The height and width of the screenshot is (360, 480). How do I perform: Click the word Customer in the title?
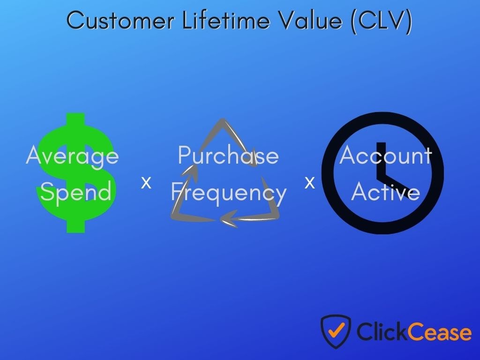coord(120,21)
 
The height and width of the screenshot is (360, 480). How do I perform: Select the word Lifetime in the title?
coord(226,20)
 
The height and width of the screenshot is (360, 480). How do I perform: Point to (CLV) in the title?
coord(382,21)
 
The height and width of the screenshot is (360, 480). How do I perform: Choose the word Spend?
coord(75,192)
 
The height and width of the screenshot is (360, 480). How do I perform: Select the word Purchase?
coord(228,155)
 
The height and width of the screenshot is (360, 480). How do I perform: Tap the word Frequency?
coord(228,192)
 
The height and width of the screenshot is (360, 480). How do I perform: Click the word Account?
coord(385,155)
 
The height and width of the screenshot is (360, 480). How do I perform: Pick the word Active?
coord(385,192)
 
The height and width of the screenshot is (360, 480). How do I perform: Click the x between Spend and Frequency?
coord(146,182)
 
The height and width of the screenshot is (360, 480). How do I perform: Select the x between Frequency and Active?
coord(310,182)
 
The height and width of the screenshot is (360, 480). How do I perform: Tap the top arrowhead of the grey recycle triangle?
coord(223,122)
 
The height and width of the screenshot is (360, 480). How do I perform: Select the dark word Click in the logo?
coord(382,331)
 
